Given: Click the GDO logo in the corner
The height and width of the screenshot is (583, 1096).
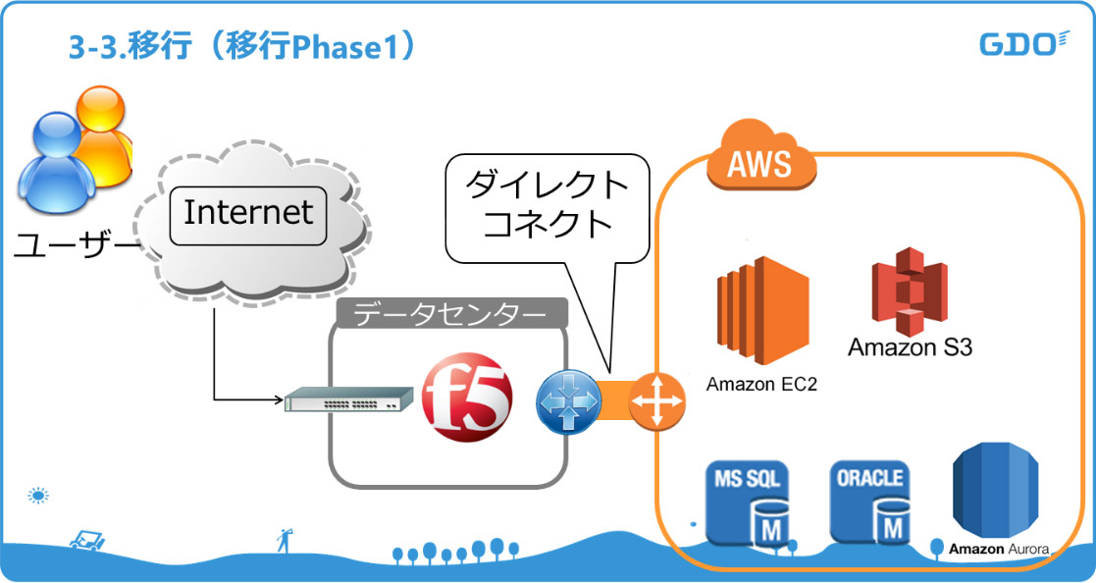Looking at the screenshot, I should click(1022, 44).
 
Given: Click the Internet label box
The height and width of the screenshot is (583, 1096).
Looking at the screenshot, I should click(248, 212).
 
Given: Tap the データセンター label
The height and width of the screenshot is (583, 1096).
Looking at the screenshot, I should click(450, 314).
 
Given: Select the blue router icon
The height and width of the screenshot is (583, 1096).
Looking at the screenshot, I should click(566, 400).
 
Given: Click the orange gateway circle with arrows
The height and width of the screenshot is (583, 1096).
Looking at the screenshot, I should click(654, 400).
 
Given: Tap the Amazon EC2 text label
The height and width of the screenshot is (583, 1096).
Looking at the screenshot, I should click(761, 383).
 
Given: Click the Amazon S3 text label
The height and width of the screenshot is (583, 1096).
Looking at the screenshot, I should click(910, 347).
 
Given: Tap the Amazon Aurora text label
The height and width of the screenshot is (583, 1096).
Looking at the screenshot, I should click(999, 550).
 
